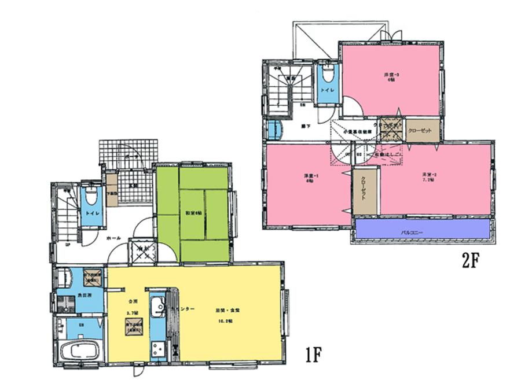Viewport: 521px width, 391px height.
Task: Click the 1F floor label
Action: pos(313,352)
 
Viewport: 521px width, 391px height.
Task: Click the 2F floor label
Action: pos(471,261)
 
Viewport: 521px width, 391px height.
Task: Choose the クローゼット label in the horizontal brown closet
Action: pos(420,131)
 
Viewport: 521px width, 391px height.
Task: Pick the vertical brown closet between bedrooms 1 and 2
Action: pos(365,191)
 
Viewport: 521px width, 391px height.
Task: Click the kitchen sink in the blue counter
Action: pos(156,307)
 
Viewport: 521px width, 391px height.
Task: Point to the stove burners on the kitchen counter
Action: pos(157,349)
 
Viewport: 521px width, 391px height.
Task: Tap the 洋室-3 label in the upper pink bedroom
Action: pos(391,76)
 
